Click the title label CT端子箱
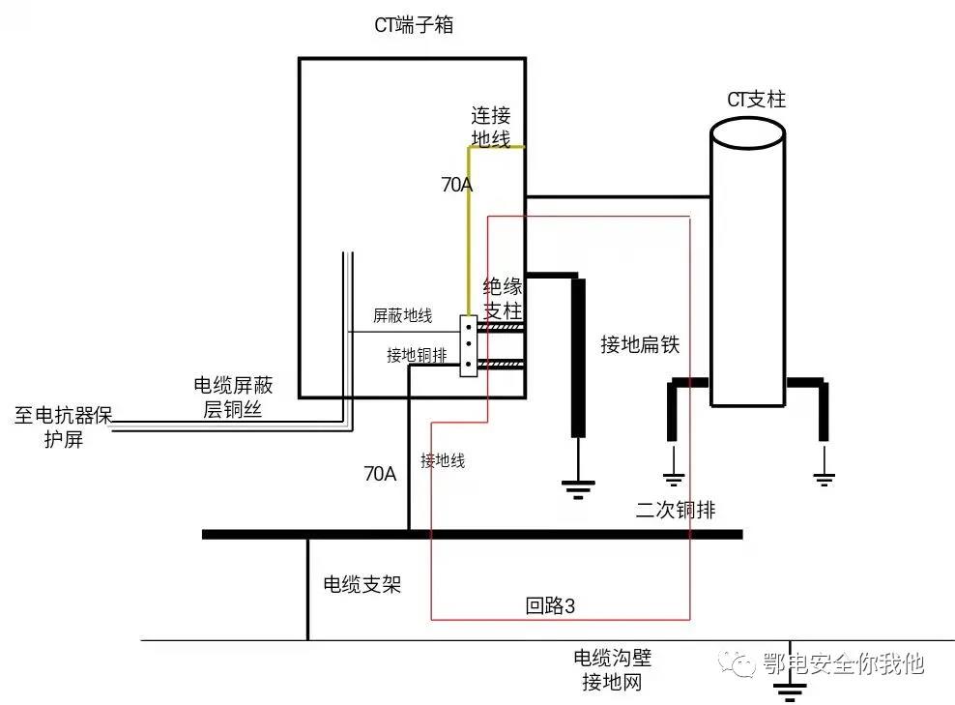click(x=414, y=26)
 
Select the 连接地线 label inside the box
click(x=490, y=127)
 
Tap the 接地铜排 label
click(x=416, y=355)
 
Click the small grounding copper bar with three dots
click(x=469, y=345)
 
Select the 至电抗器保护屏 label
click(x=64, y=426)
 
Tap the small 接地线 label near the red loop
click(x=443, y=461)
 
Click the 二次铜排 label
click(x=676, y=511)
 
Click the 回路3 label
click(x=550, y=606)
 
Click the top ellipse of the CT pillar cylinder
click(x=746, y=133)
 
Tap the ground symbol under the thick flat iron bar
click(x=578, y=489)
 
